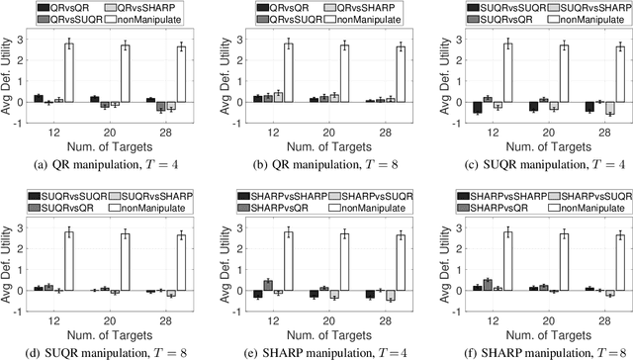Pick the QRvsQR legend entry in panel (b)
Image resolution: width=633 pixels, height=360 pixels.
[271, 7]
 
